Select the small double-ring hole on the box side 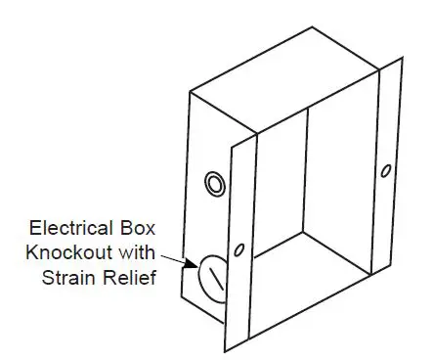[x=212, y=183]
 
